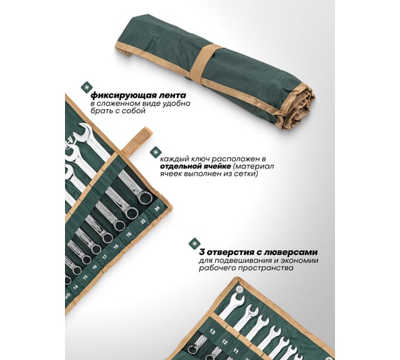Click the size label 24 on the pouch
pos(157,209)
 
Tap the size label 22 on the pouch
pos(144,221)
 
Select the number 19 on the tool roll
pos(129,234)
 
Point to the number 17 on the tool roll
pos(104,257)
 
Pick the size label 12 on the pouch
pos(225,341)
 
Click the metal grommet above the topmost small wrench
pos(239,289)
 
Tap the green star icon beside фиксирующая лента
pos(86,87)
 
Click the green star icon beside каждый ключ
pos(154,152)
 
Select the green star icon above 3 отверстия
pos(194,244)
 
